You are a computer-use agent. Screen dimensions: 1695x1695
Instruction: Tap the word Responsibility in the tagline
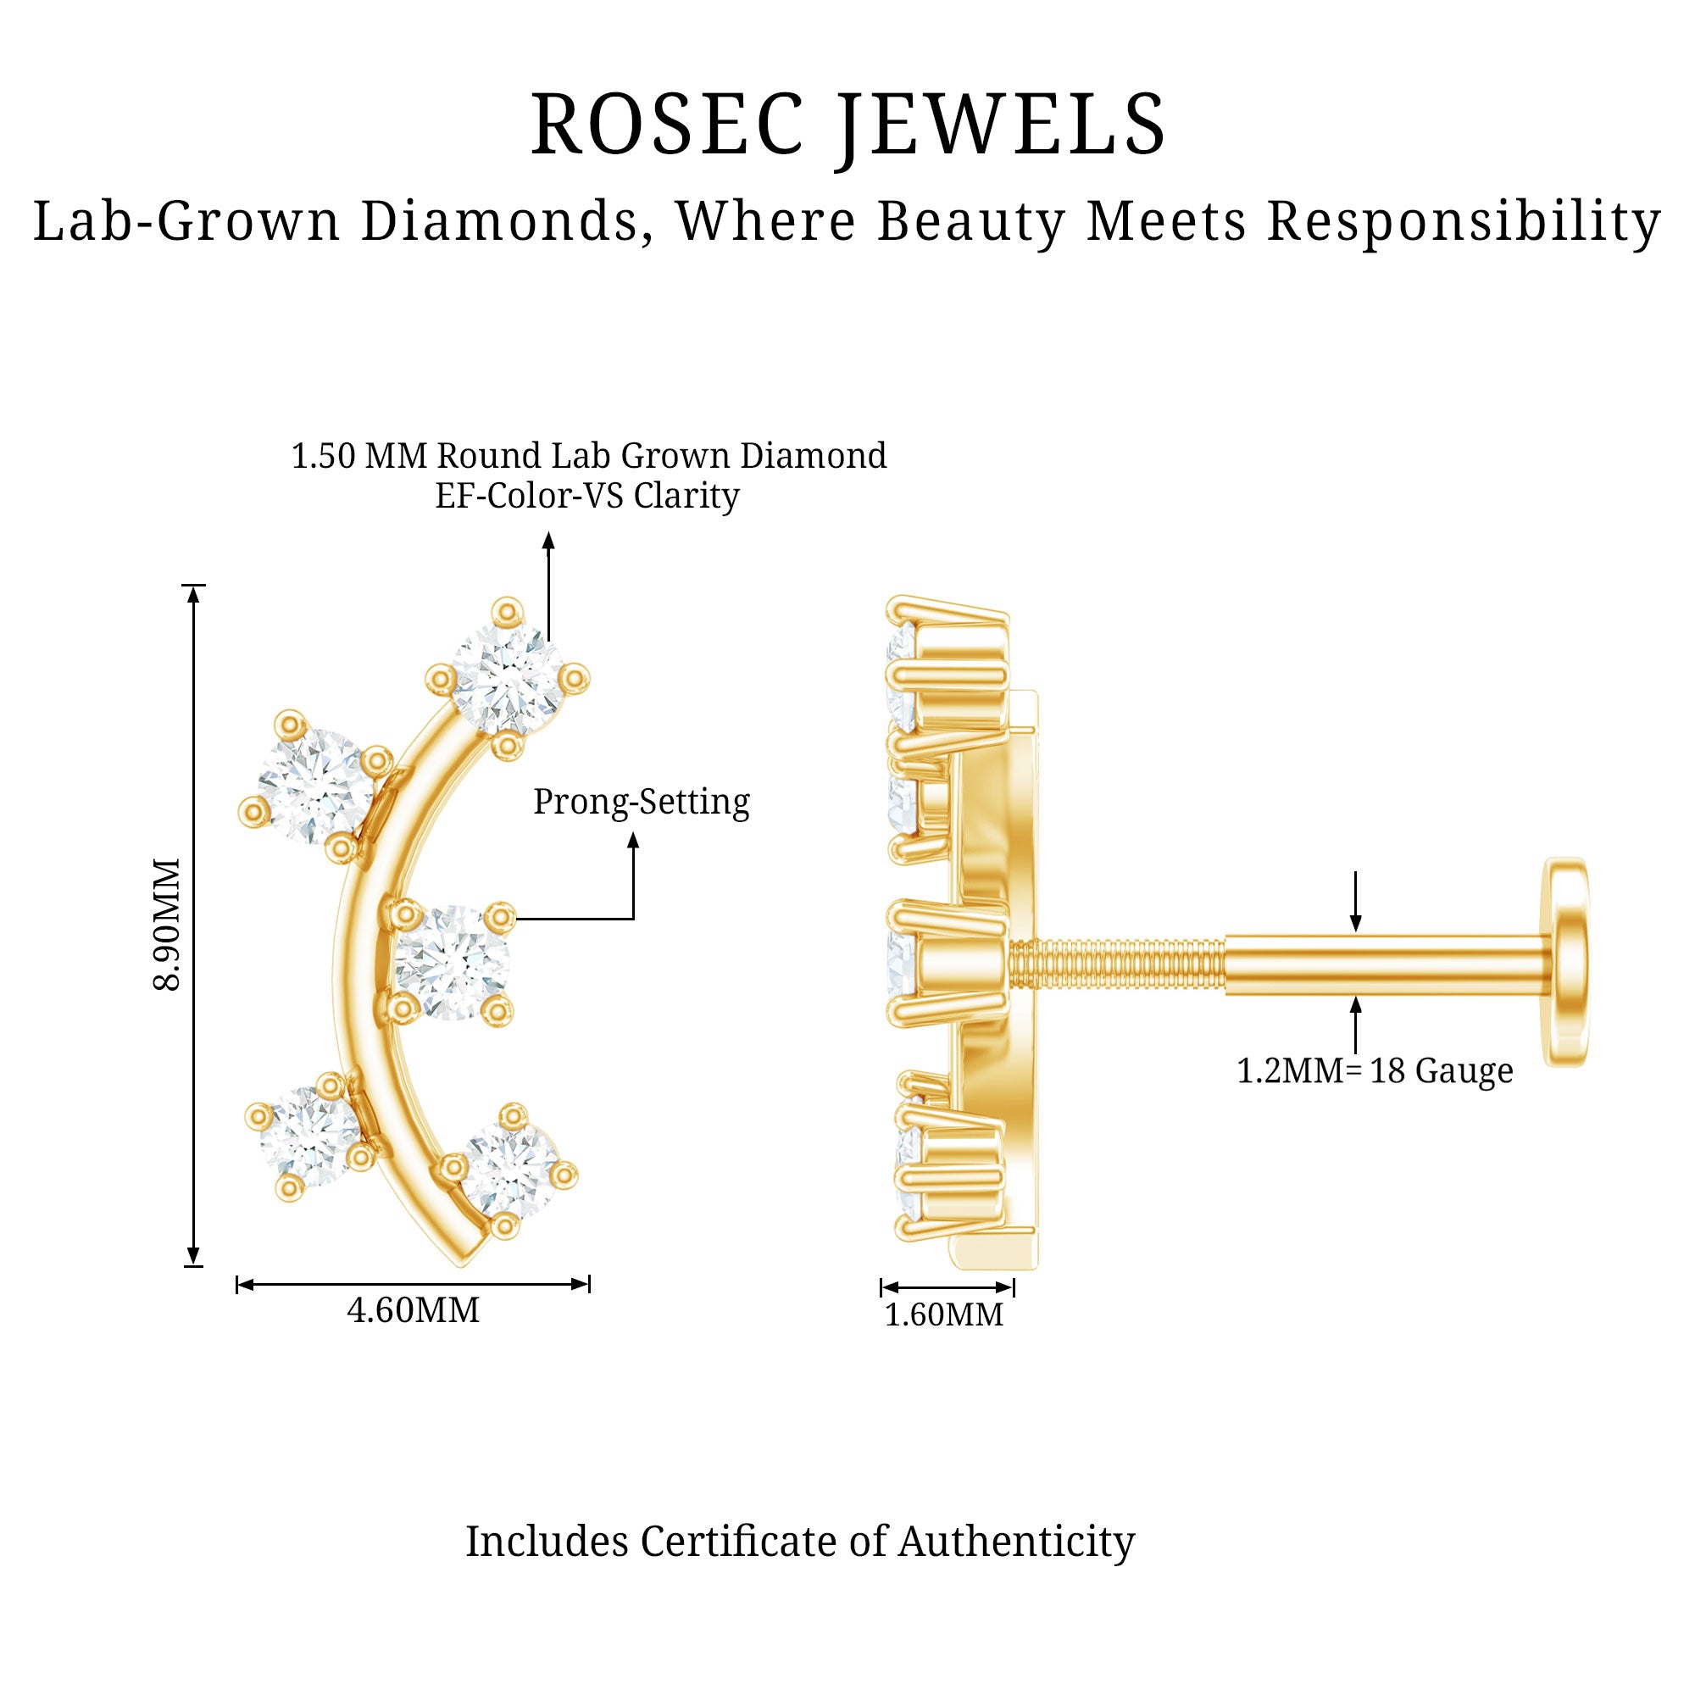[1464, 221]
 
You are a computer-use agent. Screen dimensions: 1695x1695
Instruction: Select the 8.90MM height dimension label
[167, 925]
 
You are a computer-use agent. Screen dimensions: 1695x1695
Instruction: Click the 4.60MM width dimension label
[414, 1311]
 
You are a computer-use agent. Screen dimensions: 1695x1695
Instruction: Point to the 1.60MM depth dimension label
[943, 1315]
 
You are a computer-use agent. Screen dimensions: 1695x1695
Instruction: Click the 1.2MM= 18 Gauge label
[1374, 1071]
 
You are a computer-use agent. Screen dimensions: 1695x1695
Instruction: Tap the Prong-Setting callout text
[642, 802]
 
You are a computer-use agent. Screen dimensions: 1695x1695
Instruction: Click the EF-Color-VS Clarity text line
[587, 497]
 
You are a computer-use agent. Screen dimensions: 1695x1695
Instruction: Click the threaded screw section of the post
[1116, 965]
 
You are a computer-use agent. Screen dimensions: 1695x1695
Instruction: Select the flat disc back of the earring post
[1566, 962]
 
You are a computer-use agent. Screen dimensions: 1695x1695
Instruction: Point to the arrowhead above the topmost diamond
[548, 541]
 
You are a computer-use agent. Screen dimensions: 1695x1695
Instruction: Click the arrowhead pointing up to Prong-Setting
[633, 841]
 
